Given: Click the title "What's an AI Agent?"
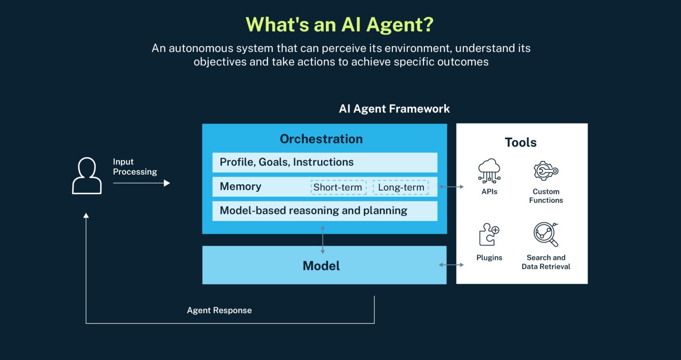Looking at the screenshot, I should click(x=340, y=25).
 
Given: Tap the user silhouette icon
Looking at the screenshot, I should click(x=87, y=176).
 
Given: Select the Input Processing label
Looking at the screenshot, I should click(x=135, y=167).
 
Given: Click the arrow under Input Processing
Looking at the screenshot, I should click(x=141, y=183).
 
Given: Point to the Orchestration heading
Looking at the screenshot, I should click(x=321, y=139).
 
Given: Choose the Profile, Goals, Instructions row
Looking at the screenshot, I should click(x=325, y=162).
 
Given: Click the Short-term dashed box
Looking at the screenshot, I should click(x=338, y=188).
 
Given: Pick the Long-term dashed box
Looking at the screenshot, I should click(x=401, y=188).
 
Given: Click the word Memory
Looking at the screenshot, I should click(x=240, y=187).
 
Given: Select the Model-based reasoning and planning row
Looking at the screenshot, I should click(x=325, y=211).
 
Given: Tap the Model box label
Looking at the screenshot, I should click(x=321, y=266).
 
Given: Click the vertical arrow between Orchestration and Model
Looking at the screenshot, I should click(x=322, y=239).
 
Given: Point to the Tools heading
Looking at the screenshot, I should click(x=521, y=142).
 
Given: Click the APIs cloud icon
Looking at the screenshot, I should click(x=489, y=171).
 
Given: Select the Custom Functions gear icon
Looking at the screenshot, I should click(x=545, y=171).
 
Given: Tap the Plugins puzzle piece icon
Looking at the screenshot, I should click(x=489, y=235).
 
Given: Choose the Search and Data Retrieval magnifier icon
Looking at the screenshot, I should click(x=546, y=235).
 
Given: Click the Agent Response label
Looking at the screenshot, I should click(x=219, y=310).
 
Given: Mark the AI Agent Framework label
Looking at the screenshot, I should click(x=394, y=109).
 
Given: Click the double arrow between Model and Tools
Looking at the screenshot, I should click(x=451, y=265).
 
